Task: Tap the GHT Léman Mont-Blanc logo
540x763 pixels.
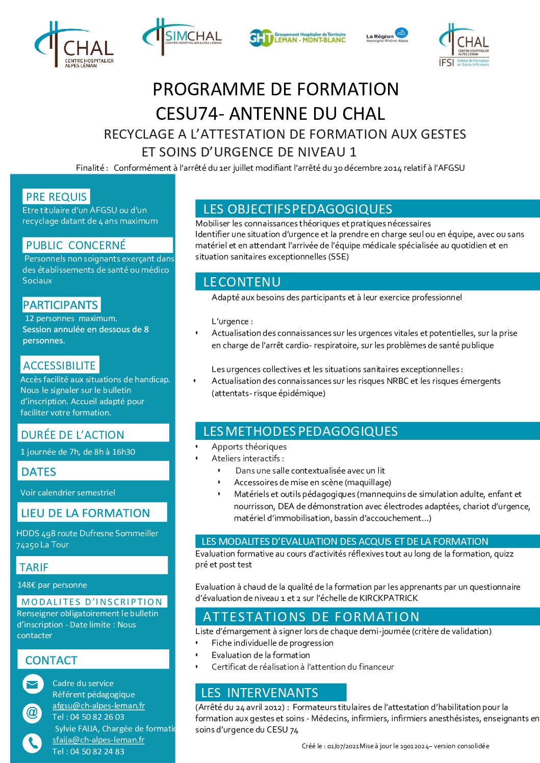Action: click(297, 37)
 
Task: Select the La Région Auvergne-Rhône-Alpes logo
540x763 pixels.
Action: click(387, 36)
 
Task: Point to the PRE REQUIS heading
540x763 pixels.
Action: click(56, 197)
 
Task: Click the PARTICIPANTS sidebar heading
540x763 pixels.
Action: click(60, 305)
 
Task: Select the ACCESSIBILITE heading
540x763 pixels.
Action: click(59, 365)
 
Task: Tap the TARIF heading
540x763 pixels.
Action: click(34, 567)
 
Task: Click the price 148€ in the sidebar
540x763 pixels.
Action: click(27, 585)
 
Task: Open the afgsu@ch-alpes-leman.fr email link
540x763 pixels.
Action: click(98, 706)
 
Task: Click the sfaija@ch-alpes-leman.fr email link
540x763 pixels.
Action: click(98, 740)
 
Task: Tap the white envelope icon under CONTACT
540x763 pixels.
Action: click(32, 684)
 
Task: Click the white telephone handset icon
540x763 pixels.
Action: click(32, 743)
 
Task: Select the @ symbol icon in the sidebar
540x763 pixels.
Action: click(32, 712)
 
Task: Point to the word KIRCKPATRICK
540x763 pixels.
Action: click(389, 598)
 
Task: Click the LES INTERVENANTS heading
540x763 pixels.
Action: click(260, 693)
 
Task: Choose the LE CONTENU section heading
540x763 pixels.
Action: click(242, 282)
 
